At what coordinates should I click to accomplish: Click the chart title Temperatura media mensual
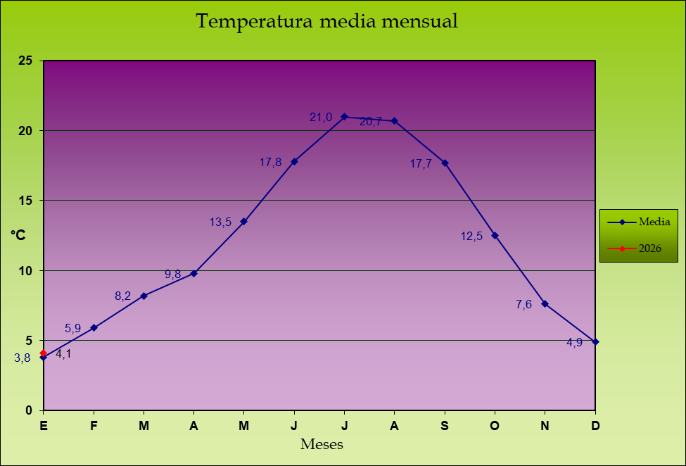pyautogui.click(x=326, y=21)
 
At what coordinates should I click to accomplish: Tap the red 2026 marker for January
pyautogui.click(x=44, y=353)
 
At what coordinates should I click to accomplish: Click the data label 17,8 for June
pyautogui.click(x=270, y=163)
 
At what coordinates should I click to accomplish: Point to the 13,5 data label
pyautogui.click(x=220, y=222)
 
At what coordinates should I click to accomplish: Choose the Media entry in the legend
pyautogui.click(x=654, y=222)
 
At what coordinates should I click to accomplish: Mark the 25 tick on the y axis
pyautogui.click(x=25, y=61)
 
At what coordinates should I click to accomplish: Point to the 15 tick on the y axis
pyautogui.click(x=25, y=201)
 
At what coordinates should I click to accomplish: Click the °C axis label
pyautogui.click(x=18, y=235)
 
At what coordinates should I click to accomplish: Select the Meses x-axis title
pyautogui.click(x=322, y=445)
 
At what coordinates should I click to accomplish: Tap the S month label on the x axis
pyautogui.click(x=445, y=425)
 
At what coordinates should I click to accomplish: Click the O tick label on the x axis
pyautogui.click(x=495, y=425)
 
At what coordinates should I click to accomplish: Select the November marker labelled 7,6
pyautogui.click(x=545, y=303)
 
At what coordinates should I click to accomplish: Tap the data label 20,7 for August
pyautogui.click(x=370, y=122)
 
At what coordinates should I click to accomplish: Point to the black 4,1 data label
pyautogui.click(x=63, y=354)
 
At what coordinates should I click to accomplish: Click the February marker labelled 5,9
pyautogui.click(x=94, y=327)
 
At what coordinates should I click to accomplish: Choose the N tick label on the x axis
pyautogui.click(x=545, y=425)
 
